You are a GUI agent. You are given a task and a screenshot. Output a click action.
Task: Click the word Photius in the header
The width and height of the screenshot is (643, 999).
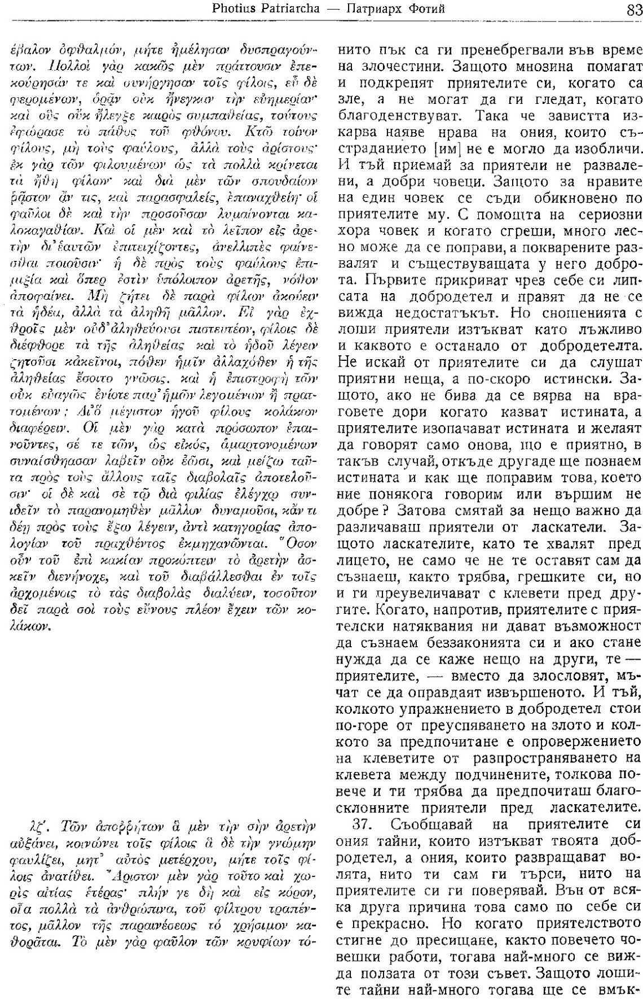pyautogui.click(x=231, y=10)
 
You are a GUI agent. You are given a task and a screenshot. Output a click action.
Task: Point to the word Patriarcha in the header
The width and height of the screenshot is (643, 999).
pyautogui.click(x=285, y=10)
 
